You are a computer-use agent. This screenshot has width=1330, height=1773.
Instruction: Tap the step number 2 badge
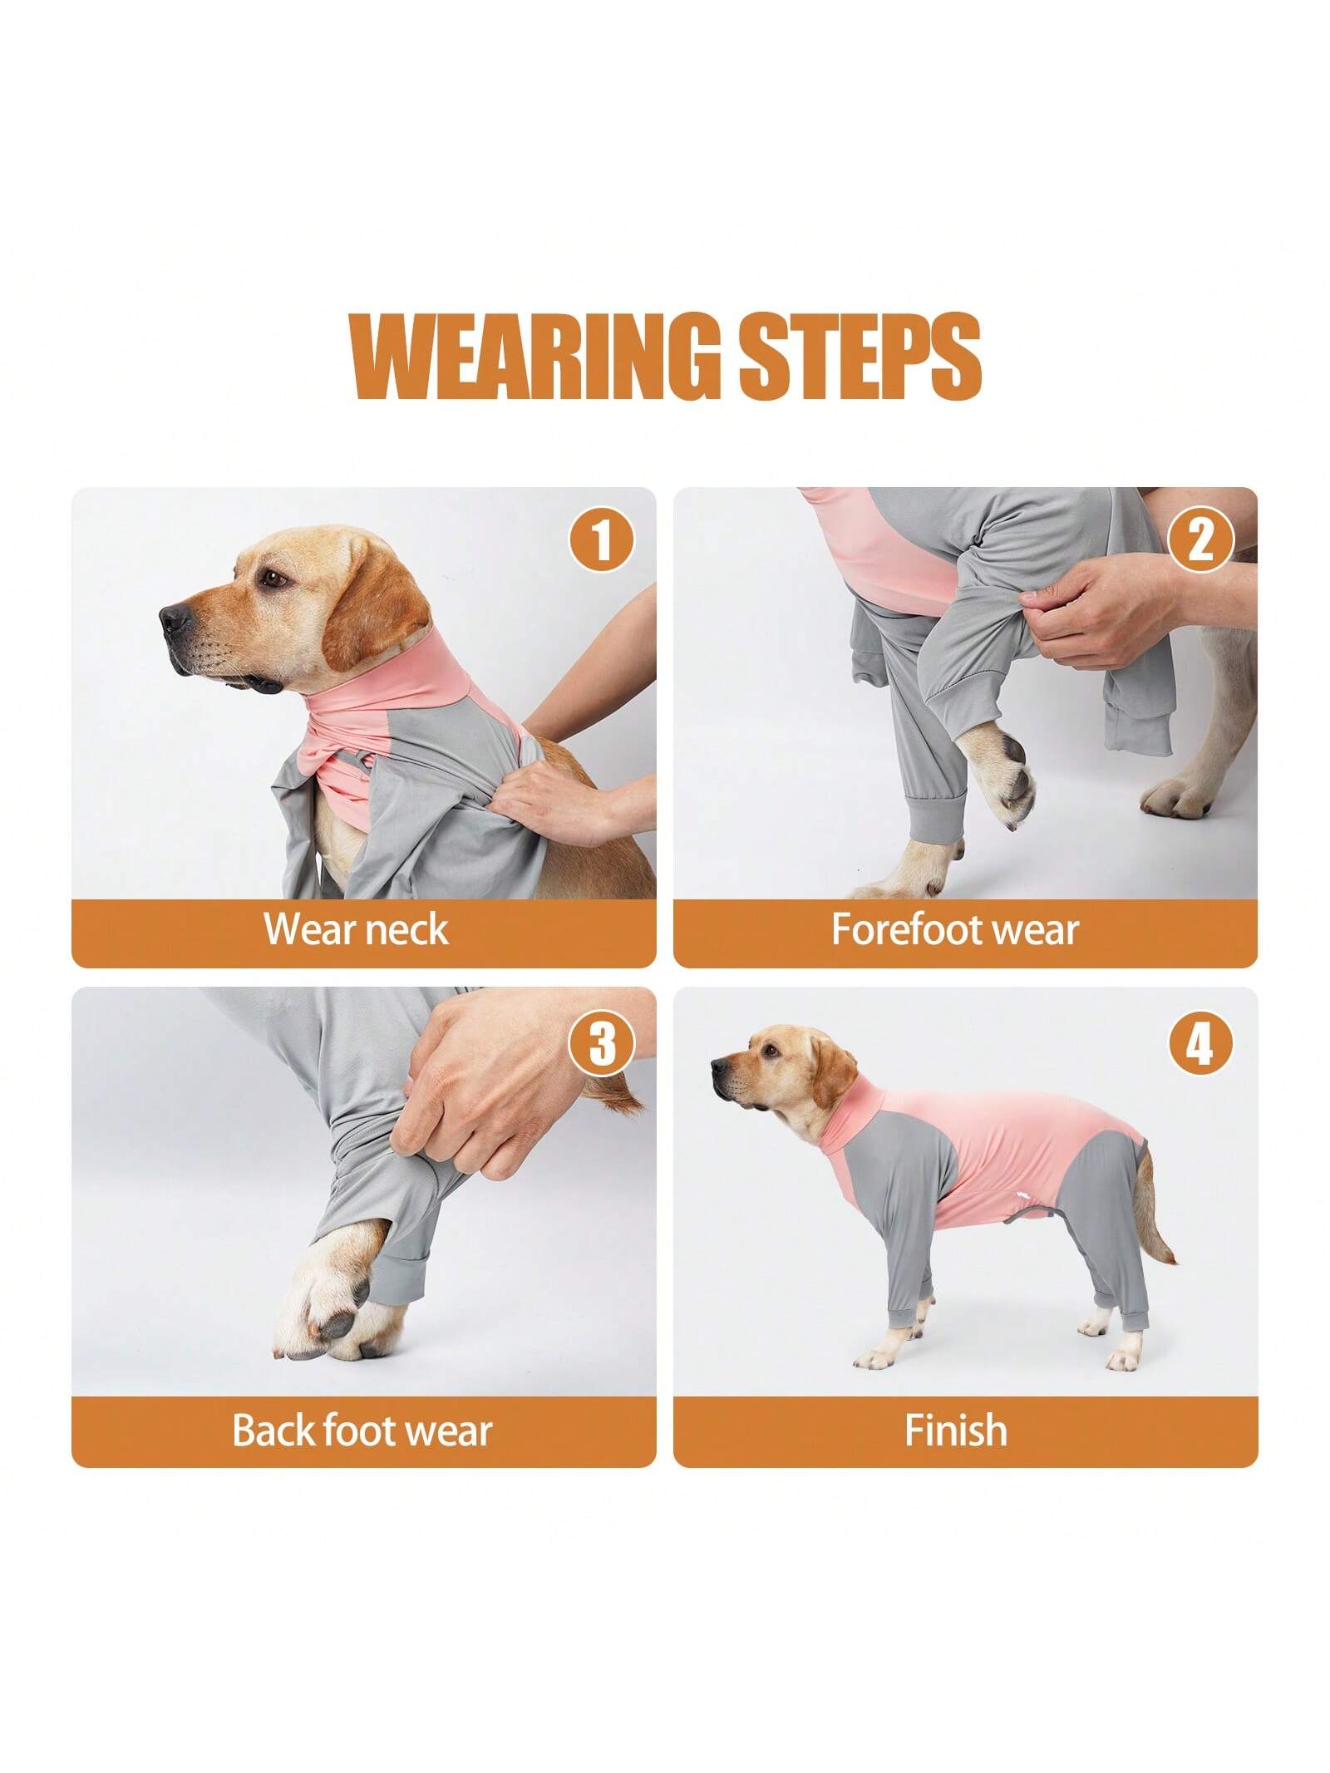point(1200,541)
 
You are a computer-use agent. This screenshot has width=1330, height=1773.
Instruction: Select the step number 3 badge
point(601,1043)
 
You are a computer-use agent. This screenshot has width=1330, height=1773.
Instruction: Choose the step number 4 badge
point(1200,1043)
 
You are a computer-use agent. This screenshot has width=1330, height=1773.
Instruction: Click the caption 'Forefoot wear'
point(955,928)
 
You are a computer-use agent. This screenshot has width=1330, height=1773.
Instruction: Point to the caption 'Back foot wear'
point(362,1430)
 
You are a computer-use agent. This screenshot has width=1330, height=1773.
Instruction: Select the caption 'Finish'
point(955,1430)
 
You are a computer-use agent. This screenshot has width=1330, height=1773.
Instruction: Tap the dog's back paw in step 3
point(332,1297)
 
